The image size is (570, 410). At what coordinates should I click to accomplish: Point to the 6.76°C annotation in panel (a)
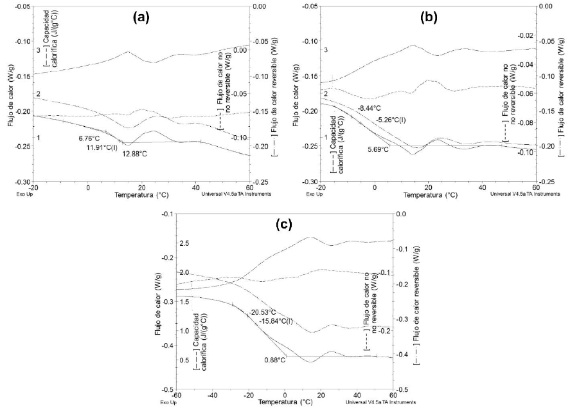coord(89,138)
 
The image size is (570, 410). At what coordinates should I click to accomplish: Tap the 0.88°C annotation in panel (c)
coord(274,359)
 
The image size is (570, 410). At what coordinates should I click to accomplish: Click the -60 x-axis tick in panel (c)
coord(177,396)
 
